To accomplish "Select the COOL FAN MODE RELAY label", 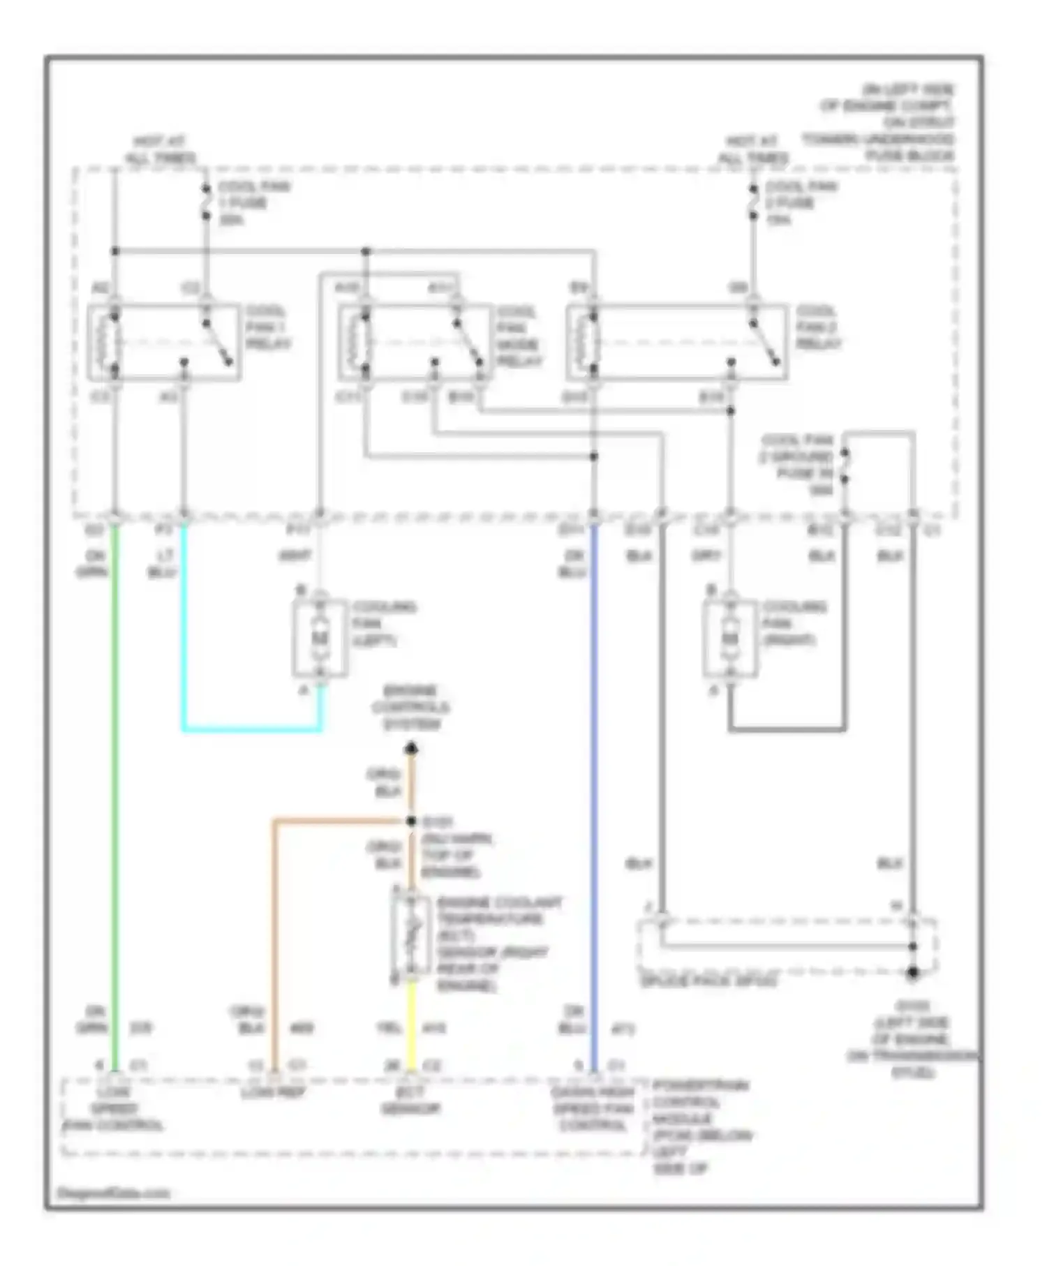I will coord(518,336).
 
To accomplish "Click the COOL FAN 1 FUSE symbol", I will coord(206,202).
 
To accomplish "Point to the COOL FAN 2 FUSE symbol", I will coord(753,202).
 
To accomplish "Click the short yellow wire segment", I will coord(411,1022).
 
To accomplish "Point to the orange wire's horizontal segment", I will coord(335,821).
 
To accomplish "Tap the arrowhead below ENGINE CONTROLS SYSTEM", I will coord(411,749).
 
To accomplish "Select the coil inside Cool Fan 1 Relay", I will coord(112,342).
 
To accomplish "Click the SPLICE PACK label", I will coord(708,982).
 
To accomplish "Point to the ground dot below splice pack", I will coord(912,973).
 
